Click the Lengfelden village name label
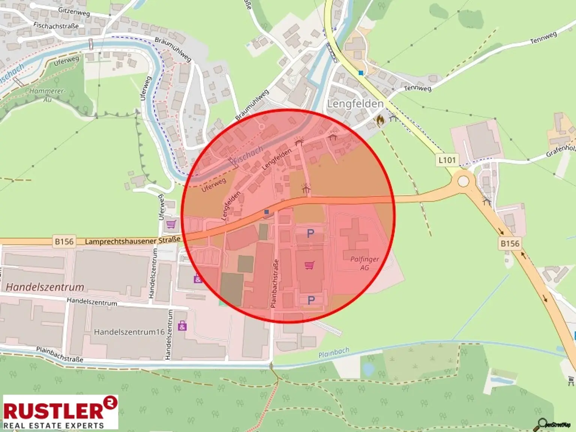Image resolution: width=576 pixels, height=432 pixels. pos(355,104)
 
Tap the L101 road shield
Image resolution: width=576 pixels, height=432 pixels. pos(447,160)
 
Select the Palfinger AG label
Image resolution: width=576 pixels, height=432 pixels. pos(364,263)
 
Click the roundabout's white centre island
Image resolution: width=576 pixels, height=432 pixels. pos(463,181)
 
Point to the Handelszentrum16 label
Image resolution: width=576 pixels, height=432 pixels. pos(129,332)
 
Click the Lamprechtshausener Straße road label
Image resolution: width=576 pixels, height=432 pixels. pos(132,241)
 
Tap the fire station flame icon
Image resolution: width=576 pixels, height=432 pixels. pos(380,120)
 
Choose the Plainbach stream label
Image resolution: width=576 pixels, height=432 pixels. pos(333,353)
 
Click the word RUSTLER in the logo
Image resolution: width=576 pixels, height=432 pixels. pos(54,411)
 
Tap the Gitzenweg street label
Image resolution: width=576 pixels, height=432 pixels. pos(74,12)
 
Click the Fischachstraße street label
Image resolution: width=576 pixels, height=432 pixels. pos(56,25)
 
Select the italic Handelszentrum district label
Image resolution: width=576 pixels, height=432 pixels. pos(45,288)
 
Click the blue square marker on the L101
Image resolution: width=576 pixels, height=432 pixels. pos(361,73)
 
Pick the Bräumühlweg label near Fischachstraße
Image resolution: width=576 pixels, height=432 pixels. pos(173,49)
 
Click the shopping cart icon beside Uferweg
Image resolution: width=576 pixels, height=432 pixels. pos(171,224)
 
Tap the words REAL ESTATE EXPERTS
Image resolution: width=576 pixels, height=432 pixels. pos(54,425)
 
